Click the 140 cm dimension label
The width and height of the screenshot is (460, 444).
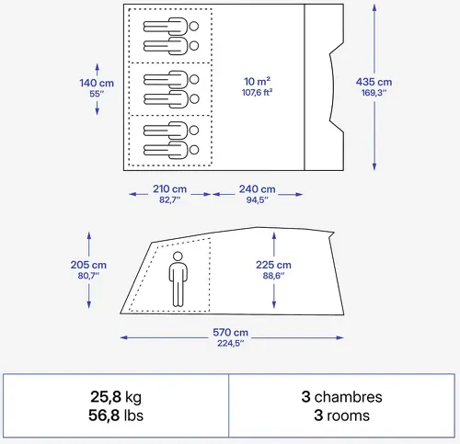tap(97, 83)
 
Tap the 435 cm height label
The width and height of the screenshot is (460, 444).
tap(374, 82)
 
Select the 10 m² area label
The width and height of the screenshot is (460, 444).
tap(257, 82)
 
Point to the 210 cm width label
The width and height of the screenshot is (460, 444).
tap(169, 189)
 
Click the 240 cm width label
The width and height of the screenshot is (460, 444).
tap(257, 189)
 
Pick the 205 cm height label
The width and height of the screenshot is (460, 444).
tap(88, 265)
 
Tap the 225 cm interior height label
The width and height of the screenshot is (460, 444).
tap(273, 265)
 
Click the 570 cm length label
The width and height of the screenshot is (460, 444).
tap(230, 333)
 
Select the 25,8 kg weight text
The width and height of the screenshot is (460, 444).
tap(116, 397)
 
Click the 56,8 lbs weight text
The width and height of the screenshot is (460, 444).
tap(116, 416)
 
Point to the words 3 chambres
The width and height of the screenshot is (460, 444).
tap(341, 397)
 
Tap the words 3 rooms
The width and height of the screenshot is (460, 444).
tap(341, 416)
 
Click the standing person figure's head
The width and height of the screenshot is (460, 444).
tap(178, 256)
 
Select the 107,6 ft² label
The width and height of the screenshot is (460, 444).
tap(257, 92)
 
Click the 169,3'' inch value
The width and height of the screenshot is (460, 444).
tap(374, 93)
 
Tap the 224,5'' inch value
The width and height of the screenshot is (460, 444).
tap(231, 343)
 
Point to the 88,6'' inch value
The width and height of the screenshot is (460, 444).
tap(273, 276)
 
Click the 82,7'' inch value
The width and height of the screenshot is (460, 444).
tap(169, 199)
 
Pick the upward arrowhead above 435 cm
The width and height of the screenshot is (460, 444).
tap(374, 7)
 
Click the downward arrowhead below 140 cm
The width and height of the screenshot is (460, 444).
tap(97, 111)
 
